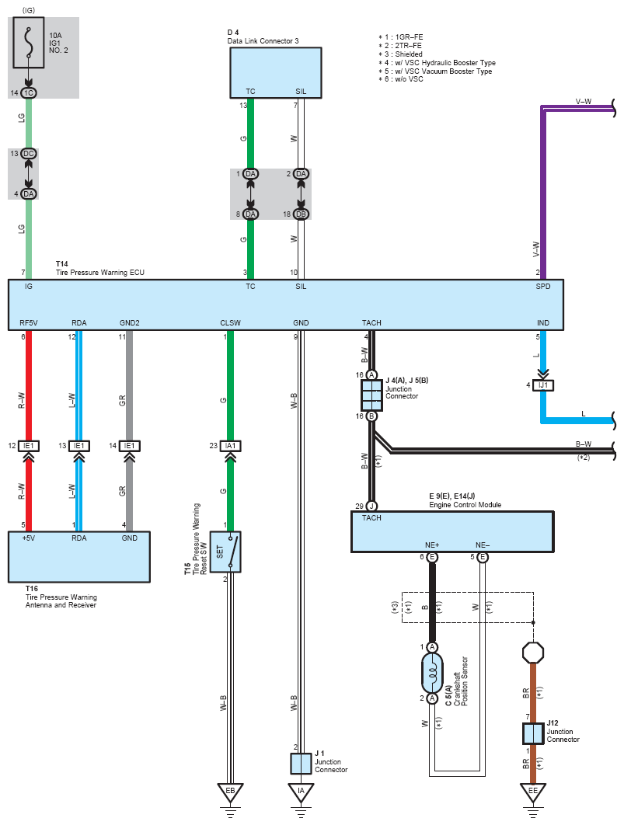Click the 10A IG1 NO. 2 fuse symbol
click(29, 42)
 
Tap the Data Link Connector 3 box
click(276, 72)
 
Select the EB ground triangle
click(230, 792)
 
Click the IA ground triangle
click(301, 792)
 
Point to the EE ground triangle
click(533, 792)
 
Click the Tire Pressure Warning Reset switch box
click(225, 552)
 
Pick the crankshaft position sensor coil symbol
click(432, 673)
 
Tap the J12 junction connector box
click(533, 733)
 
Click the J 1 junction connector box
click(301, 764)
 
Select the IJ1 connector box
click(543, 385)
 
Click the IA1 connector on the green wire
click(230, 446)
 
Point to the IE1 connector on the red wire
click(29, 446)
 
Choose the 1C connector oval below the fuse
click(29, 92)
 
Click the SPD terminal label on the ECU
click(543, 286)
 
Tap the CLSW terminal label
click(231, 322)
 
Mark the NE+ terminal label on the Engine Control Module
click(432, 545)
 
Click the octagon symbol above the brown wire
click(533, 653)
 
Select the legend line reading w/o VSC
click(401, 79)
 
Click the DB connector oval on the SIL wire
click(301, 214)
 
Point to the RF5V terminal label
click(29, 322)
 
